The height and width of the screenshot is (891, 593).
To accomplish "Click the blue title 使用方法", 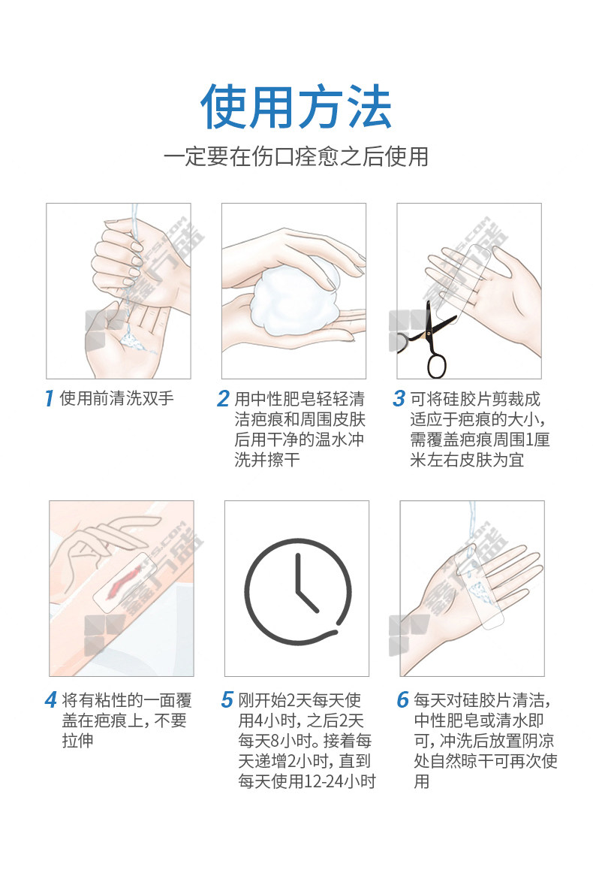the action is [x=296, y=107].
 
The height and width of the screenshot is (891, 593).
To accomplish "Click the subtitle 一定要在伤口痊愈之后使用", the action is [x=296, y=156].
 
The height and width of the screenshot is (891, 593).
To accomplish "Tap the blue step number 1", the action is [x=50, y=398].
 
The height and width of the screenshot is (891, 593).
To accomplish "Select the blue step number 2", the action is [x=223, y=398].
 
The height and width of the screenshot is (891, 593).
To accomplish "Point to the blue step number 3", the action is [x=399, y=398].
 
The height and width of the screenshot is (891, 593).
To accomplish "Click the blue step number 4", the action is [x=51, y=699].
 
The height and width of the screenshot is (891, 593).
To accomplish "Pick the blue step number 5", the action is [x=227, y=699].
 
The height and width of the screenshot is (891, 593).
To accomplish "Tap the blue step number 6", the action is [x=403, y=699].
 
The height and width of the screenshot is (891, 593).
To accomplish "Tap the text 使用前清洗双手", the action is [x=116, y=398].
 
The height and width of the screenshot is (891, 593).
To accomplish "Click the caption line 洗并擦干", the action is [x=267, y=460].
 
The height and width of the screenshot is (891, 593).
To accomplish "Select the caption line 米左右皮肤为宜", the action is [x=467, y=460].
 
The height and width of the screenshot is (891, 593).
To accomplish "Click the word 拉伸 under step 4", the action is [x=78, y=741].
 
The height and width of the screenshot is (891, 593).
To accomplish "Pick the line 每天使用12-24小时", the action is [x=307, y=781].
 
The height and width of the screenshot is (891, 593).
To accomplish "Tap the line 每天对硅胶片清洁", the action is [x=482, y=699].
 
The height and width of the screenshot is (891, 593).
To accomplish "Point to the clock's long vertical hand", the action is [x=297, y=575].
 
